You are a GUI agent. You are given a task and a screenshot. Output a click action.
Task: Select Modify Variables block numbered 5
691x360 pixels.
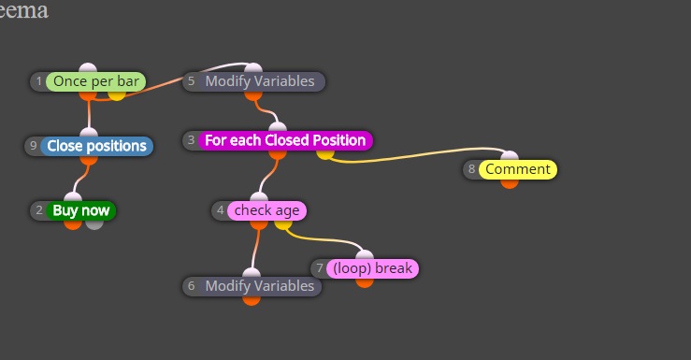tap(253, 81)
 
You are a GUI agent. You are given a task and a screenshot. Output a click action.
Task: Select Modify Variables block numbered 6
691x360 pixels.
tap(252, 286)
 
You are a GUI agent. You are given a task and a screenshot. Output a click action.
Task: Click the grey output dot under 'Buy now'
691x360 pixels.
tap(94, 224)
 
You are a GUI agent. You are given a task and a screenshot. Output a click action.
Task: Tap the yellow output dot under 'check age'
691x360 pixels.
tap(283, 224)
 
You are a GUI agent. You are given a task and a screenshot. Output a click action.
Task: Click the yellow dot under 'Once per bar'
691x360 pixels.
tap(117, 95)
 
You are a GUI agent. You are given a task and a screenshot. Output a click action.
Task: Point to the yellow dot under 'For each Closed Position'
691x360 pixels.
tap(324, 154)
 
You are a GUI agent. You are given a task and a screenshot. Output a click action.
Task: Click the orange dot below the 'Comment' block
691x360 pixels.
tap(510, 184)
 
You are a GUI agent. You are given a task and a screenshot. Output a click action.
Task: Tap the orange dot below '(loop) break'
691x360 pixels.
tap(365, 282)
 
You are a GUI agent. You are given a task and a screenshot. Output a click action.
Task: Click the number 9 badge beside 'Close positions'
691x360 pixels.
tap(33, 146)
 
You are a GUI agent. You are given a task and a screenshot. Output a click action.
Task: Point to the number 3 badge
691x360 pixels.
tap(191, 140)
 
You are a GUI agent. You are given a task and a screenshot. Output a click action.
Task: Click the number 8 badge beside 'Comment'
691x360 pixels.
tap(471, 169)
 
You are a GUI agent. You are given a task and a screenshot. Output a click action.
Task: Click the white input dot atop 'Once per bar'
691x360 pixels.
tap(88, 68)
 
